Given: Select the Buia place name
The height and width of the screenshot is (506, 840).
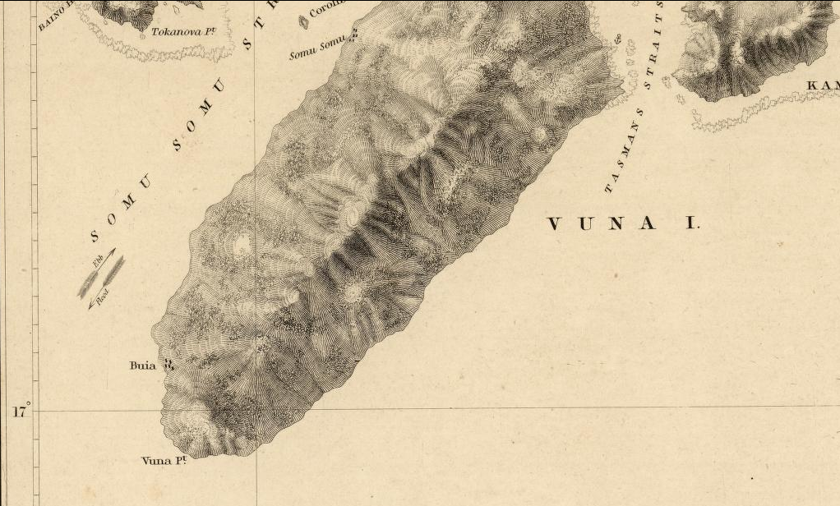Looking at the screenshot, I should click(142, 365).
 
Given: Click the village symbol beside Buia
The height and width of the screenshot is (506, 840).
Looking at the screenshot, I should click(168, 364).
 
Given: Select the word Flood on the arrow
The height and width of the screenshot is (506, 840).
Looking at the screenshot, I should click(103, 299).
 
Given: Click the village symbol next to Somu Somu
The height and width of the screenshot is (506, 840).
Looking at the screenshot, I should click(354, 34).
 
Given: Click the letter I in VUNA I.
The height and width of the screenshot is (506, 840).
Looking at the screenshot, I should click(691, 223).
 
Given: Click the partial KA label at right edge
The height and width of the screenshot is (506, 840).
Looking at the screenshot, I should click(823, 86).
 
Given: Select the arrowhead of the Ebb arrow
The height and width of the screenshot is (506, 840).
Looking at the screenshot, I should click(114, 250).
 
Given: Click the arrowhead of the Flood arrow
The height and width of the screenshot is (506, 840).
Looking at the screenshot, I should click(90, 306).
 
